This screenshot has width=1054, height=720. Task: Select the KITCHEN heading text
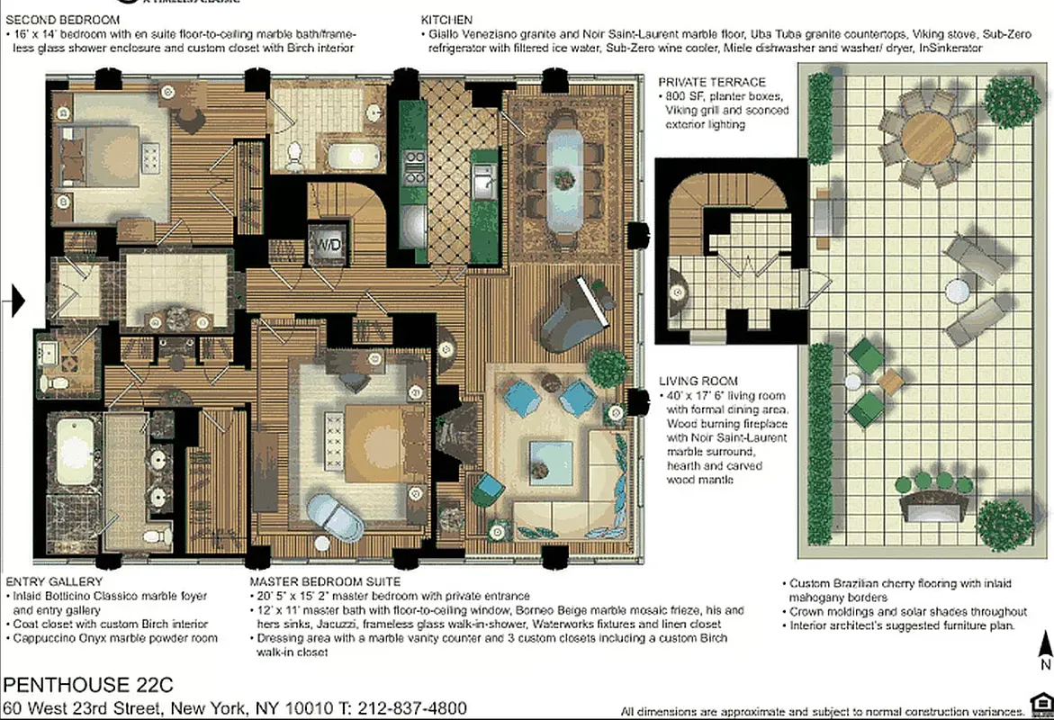coord(446,19)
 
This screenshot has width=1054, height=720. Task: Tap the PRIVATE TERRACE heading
coord(712,82)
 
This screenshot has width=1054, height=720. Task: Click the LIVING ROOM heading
coord(698,381)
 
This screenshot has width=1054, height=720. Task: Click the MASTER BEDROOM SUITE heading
coord(312,581)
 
